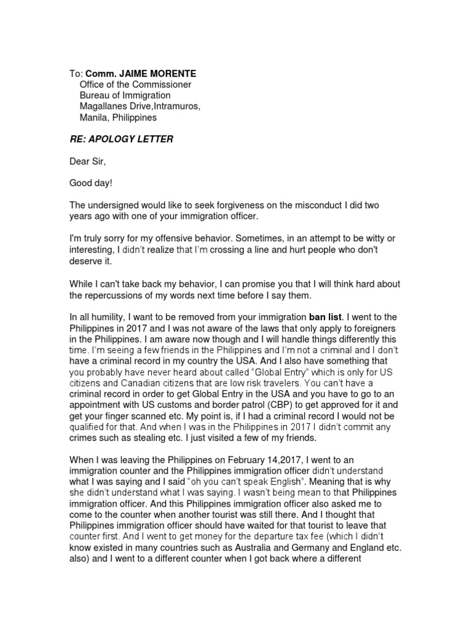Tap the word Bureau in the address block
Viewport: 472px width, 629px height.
point(95,95)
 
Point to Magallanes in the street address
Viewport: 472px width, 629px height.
point(104,106)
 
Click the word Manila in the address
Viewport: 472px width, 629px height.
point(94,117)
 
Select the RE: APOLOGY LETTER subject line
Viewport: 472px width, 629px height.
point(121,139)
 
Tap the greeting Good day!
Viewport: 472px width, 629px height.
point(90,183)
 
